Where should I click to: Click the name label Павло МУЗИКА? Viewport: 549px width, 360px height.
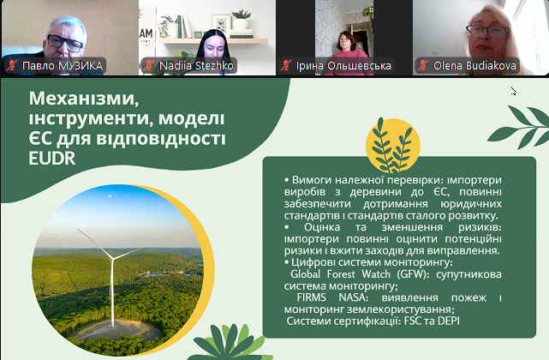pyautogui.click(x=63, y=65)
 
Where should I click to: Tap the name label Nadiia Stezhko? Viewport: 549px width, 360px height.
pyautogui.click(x=196, y=65)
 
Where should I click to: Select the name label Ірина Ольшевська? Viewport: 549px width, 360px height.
pyautogui.click(x=343, y=65)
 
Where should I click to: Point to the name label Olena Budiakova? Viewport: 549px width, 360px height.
pyautogui.click(x=474, y=65)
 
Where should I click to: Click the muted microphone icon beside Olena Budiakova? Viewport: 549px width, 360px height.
pyautogui.click(x=423, y=65)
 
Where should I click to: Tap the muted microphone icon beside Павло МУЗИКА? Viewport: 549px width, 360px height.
pyautogui.click(x=12, y=65)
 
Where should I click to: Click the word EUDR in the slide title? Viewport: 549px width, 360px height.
pyautogui.click(x=52, y=159)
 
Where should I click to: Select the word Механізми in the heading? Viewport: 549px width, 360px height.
pyautogui.click(x=84, y=99)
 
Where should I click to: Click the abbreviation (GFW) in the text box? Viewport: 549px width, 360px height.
pyautogui.click(x=413, y=273)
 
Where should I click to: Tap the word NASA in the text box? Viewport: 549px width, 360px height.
pyautogui.click(x=353, y=297)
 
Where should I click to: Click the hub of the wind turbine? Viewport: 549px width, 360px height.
pyautogui.click(x=113, y=258)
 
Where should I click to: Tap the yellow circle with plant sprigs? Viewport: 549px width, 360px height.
pyautogui.click(x=393, y=146)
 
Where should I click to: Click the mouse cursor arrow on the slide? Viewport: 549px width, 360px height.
pyautogui.click(x=513, y=91)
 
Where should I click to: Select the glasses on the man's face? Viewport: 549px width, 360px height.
pyautogui.click(x=65, y=42)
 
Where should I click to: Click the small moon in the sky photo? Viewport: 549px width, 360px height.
pyautogui.click(x=110, y=196)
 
